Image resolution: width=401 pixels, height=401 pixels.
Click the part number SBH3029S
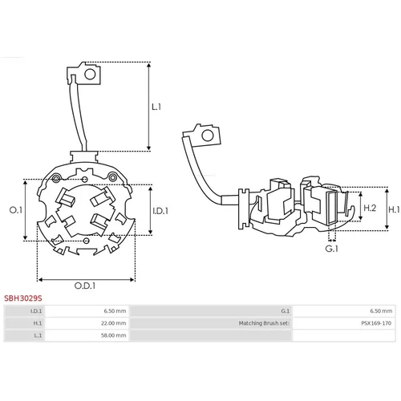[23, 298]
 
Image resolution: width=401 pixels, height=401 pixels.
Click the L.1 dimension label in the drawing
[156, 107]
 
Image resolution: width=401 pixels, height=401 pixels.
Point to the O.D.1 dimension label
[85, 286]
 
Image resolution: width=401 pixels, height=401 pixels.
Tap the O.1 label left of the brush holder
[16, 210]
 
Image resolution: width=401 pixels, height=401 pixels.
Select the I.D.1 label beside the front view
[160, 211]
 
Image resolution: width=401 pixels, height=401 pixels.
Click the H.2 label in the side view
[370, 208]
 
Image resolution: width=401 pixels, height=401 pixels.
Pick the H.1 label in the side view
[394, 209]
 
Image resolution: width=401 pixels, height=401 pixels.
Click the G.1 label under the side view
[332, 249]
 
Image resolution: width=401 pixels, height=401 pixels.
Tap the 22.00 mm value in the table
[113, 323]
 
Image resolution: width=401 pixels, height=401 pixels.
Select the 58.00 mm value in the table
[113, 335]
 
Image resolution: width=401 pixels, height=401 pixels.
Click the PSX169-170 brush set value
[376, 323]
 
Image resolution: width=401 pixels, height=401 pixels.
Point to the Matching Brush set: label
[264, 323]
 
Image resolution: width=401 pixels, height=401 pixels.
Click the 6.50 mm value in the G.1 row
[381, 311]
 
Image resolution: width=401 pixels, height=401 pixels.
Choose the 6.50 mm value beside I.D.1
[115, 311]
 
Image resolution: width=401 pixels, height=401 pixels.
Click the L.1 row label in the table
[38, 335]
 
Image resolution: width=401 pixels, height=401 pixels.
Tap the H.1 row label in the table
[38, 323]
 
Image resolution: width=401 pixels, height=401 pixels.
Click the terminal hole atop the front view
[90, 75]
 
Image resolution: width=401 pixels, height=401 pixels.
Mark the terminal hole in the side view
[208, 136]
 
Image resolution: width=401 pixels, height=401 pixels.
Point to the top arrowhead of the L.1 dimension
[149, 65]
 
